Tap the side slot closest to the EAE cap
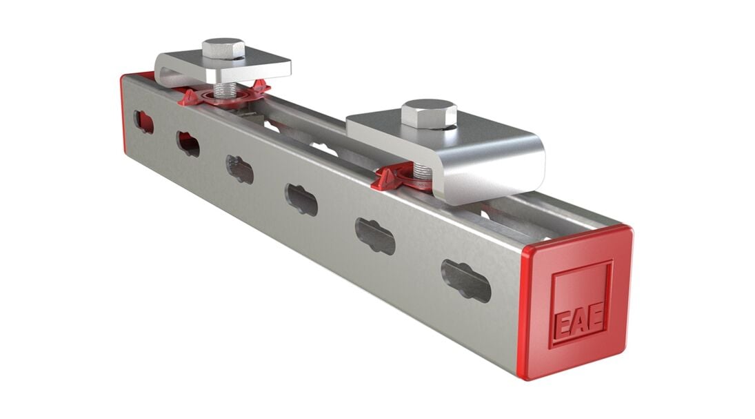coord(466,280)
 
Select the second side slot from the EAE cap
coord(375,235)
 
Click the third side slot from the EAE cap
coord(301,199)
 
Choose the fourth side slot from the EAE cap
coord(240,169)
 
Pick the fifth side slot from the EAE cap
coord(188,143)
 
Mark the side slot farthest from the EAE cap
coord(144,122)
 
